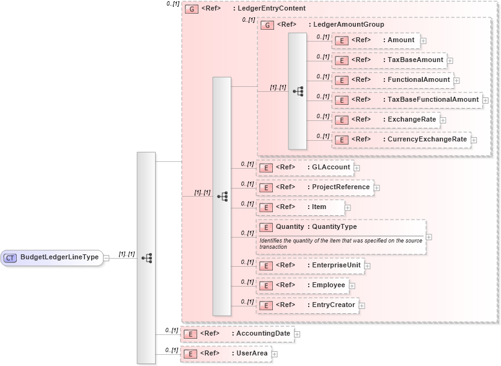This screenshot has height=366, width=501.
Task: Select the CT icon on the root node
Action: click(11, 257)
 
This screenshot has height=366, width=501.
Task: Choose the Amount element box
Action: click(376, 40)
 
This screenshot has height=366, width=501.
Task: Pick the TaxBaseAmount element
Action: click(389, 60)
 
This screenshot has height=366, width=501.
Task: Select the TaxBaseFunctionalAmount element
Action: click(407, 100)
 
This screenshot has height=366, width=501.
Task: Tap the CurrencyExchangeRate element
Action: click(401, 140)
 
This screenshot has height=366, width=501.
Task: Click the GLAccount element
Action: click(304, 167)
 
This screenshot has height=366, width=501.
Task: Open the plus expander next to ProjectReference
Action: click(377, 187)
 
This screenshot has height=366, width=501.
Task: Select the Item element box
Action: click(301, 207)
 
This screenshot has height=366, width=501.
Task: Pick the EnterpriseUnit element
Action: click(310, 266)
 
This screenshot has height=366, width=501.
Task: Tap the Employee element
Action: click(302, 285)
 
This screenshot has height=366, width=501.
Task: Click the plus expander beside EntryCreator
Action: click(362, 305)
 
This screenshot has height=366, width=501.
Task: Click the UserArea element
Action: click(226, 354)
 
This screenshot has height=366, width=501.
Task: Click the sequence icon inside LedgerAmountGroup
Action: click(298, 91)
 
